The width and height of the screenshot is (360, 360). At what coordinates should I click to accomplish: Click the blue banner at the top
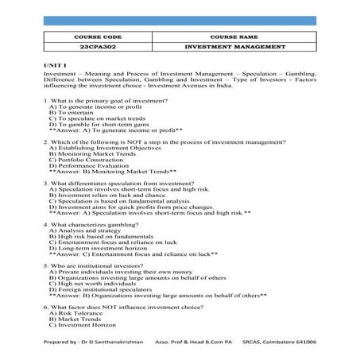click(180, 19)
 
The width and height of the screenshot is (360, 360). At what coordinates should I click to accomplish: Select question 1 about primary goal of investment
click(109, 102)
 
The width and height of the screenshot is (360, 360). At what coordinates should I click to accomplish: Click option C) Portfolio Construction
click(87, 159)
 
